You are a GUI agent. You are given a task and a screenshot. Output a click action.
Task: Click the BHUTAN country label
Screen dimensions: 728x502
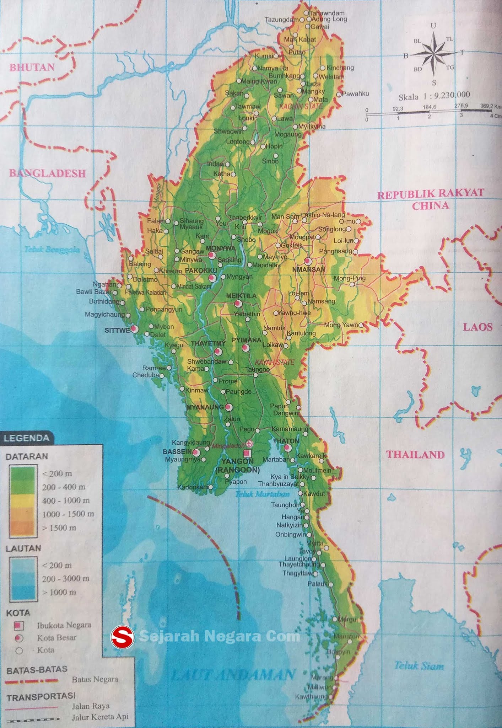point(32,67)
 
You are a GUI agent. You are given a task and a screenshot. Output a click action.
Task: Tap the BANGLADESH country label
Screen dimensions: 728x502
point(47,173)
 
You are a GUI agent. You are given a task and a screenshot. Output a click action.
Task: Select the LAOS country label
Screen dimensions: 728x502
point(477,327)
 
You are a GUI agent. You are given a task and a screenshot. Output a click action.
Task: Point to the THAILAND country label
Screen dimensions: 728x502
point(415,455)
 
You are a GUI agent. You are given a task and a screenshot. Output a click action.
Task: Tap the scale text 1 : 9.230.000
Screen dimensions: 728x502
point(434,96)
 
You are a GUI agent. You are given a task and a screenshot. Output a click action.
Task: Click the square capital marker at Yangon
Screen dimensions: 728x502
point(247,453)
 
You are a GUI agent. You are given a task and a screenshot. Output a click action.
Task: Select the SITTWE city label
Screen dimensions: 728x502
point(117,330)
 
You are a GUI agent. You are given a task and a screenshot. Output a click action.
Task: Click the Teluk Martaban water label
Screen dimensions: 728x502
point(262,494)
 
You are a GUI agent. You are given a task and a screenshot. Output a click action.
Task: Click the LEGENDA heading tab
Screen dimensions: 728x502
point(26,438)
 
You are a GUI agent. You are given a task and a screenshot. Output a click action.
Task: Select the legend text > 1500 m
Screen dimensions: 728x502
point(59,528)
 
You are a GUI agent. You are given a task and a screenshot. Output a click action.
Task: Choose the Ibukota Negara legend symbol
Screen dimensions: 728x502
point(19,625)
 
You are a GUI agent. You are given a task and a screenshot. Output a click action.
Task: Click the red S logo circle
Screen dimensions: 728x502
point(122,637)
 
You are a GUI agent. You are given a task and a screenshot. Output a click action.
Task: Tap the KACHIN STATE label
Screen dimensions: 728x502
point(301,106)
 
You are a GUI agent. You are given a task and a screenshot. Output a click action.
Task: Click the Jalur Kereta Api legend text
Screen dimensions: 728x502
point(100,717)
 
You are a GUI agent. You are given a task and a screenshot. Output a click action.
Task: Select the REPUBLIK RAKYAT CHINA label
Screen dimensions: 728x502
point(430,199)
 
